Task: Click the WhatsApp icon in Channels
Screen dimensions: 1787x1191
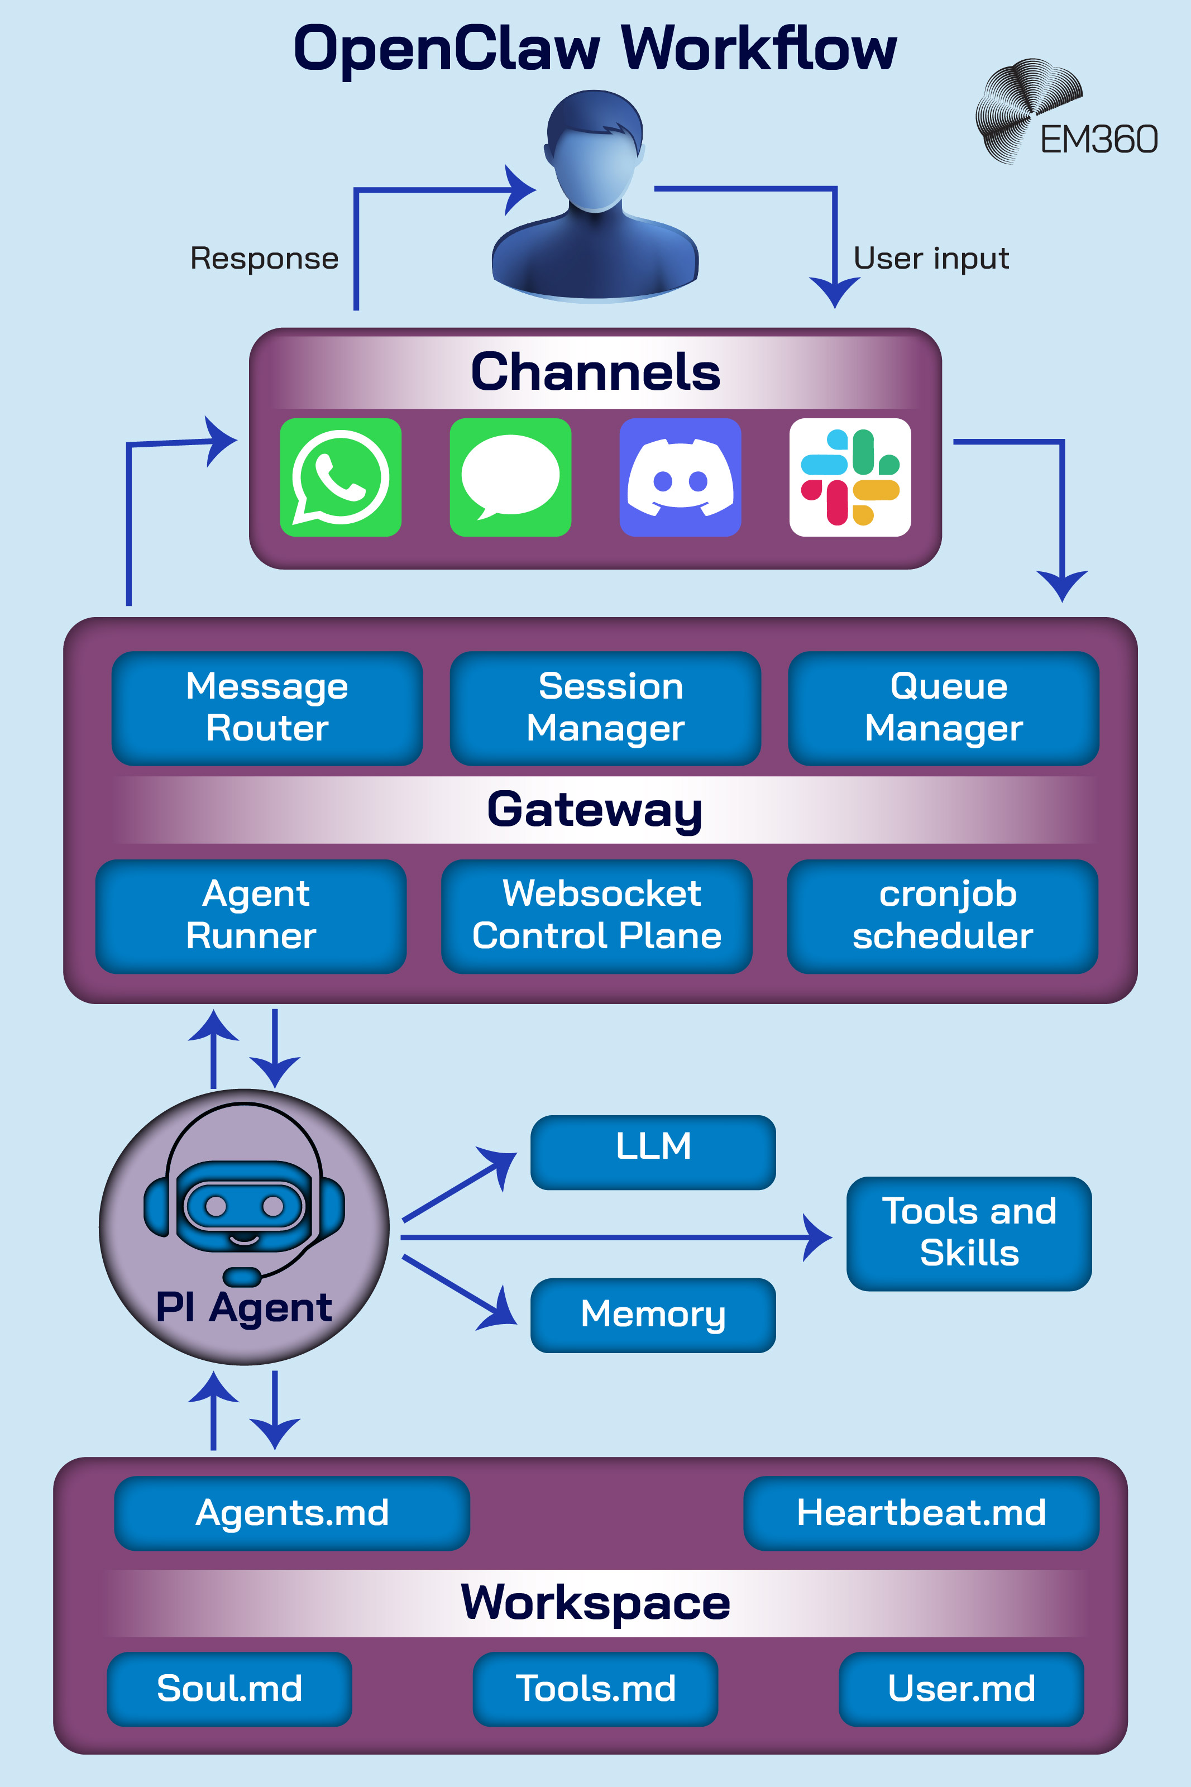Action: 340,477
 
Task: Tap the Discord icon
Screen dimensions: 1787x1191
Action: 680,477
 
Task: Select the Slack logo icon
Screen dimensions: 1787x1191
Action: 850,477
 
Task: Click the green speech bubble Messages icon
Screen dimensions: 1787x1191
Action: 510,477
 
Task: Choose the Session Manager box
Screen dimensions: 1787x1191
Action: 605,708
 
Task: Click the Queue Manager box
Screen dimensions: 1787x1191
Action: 944,708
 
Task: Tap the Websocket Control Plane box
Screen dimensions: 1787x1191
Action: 596,916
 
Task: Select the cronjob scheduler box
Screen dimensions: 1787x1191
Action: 943,916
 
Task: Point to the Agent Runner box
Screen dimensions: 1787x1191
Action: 251,916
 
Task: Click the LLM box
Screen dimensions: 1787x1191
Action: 653,1151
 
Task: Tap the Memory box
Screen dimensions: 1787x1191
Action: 653,1315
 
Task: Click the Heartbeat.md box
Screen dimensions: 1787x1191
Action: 921,1513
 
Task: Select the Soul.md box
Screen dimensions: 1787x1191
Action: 229,1688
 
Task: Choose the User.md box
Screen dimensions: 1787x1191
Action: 961,1688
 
